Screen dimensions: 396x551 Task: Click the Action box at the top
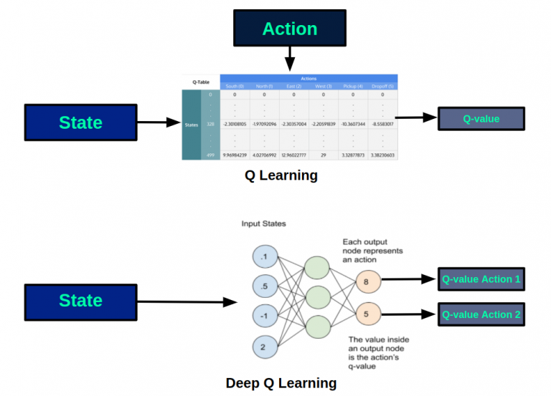pyautogui.click(x=289, y=29)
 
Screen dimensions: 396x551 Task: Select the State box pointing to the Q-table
pyautogui.click(x=80, y=122)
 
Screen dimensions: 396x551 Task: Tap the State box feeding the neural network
pyautogui.click(x=80, y=301)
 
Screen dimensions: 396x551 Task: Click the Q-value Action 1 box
pyautogui.click(x=481, y=279)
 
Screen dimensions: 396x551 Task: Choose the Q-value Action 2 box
pyautogui.click(x=481, y=314)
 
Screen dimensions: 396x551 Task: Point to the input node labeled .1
pyautogui.click(x=263, y=256)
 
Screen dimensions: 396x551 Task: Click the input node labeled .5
pyautogui.click(x=263, y=286)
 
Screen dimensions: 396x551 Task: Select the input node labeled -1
pyautogui.click(x=263, y=317)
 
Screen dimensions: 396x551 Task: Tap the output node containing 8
pyautogui.click(x=366, y=283)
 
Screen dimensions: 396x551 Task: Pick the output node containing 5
pyautogui.click(x=366, y=313)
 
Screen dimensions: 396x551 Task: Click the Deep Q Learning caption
pyautogui.click(x=281, y=383)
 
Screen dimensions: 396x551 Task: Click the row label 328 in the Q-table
pyautogui.click(x=210, y=124)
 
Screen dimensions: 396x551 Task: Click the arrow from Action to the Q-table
pyautogui.click(x=289, y=59)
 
